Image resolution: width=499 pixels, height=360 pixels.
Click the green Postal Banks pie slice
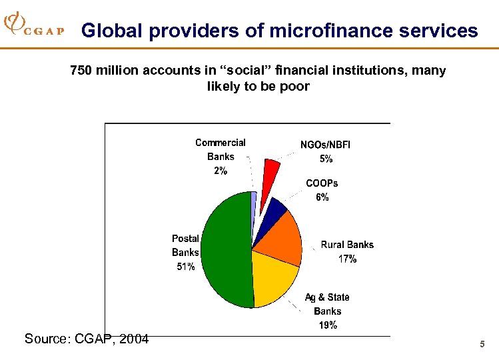[223, 250]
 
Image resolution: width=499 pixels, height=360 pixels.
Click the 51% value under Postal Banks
[185, 267]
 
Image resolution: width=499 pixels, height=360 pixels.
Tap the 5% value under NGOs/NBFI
[326, 159]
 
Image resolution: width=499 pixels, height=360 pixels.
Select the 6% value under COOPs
[322, 197]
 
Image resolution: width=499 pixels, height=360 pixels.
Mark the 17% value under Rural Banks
[347, 259]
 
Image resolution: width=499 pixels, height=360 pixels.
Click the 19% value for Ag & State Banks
[327, 325]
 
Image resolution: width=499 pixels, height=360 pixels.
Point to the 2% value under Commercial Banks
[221, 171]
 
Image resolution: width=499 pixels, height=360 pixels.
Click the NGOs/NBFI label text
[326, 145]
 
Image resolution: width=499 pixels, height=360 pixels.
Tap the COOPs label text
[322, 183]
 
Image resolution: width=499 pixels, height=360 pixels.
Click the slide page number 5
[481, 344]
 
